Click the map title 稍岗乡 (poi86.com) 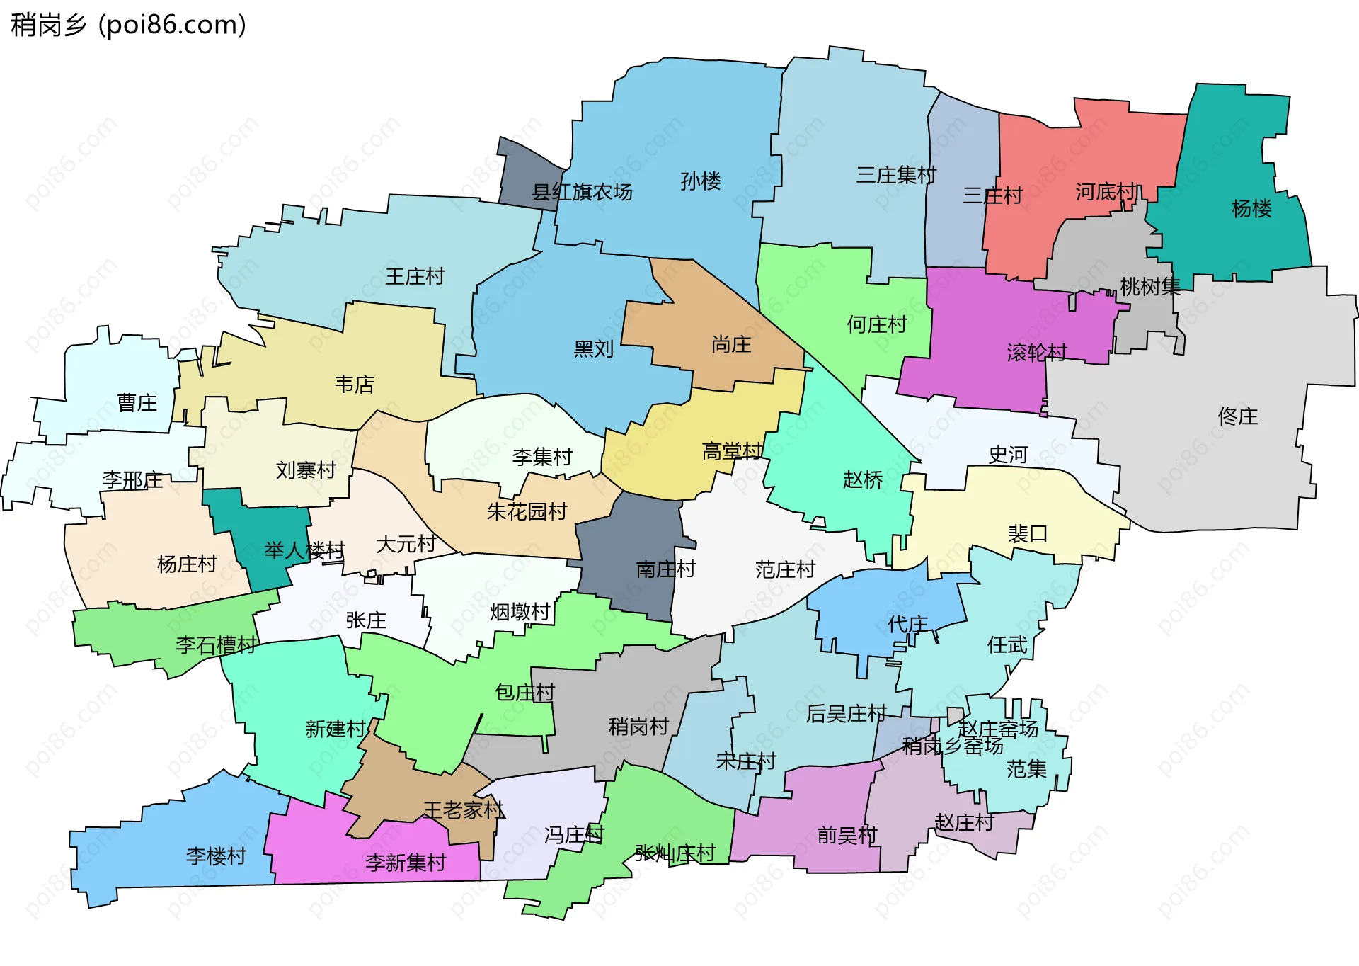[128, 25]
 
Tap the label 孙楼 [700, 181]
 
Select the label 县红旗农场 [582, 192]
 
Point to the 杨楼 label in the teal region [1251, 208]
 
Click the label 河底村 [1108, 192]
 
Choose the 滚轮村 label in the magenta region [1036, 352]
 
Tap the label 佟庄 [1237, 416]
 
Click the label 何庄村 [877, 324]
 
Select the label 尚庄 [731, 345]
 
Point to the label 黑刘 [593, 348]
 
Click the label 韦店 [354, 384]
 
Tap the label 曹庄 [137, 403]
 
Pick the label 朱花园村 [527, 511]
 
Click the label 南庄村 [665, 569]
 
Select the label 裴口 [1027, 533]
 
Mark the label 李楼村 [216, 856]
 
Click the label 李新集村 [406, 862]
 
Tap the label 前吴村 [847, 836]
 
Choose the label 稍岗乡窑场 [952, 746]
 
